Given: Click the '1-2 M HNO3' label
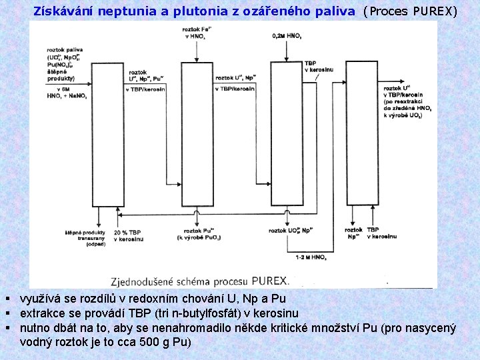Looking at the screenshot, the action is click(311, 257).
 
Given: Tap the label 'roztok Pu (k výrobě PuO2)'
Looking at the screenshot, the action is click(195, 233).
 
